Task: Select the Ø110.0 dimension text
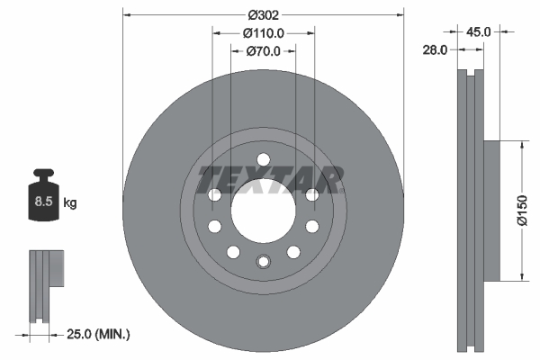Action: (x=264, y=32)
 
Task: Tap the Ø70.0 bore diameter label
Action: (x=264, y=51)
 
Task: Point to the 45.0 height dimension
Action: (x=477, y=31)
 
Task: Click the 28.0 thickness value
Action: (x=435, y=51)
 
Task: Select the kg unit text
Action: (x=70, y=203)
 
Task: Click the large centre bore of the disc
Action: (x=263, y=211)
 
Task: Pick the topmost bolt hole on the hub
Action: (x=263, y=160)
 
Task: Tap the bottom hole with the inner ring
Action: (x=263, y=262)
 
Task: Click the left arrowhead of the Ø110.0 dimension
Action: (x=216, y=32)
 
